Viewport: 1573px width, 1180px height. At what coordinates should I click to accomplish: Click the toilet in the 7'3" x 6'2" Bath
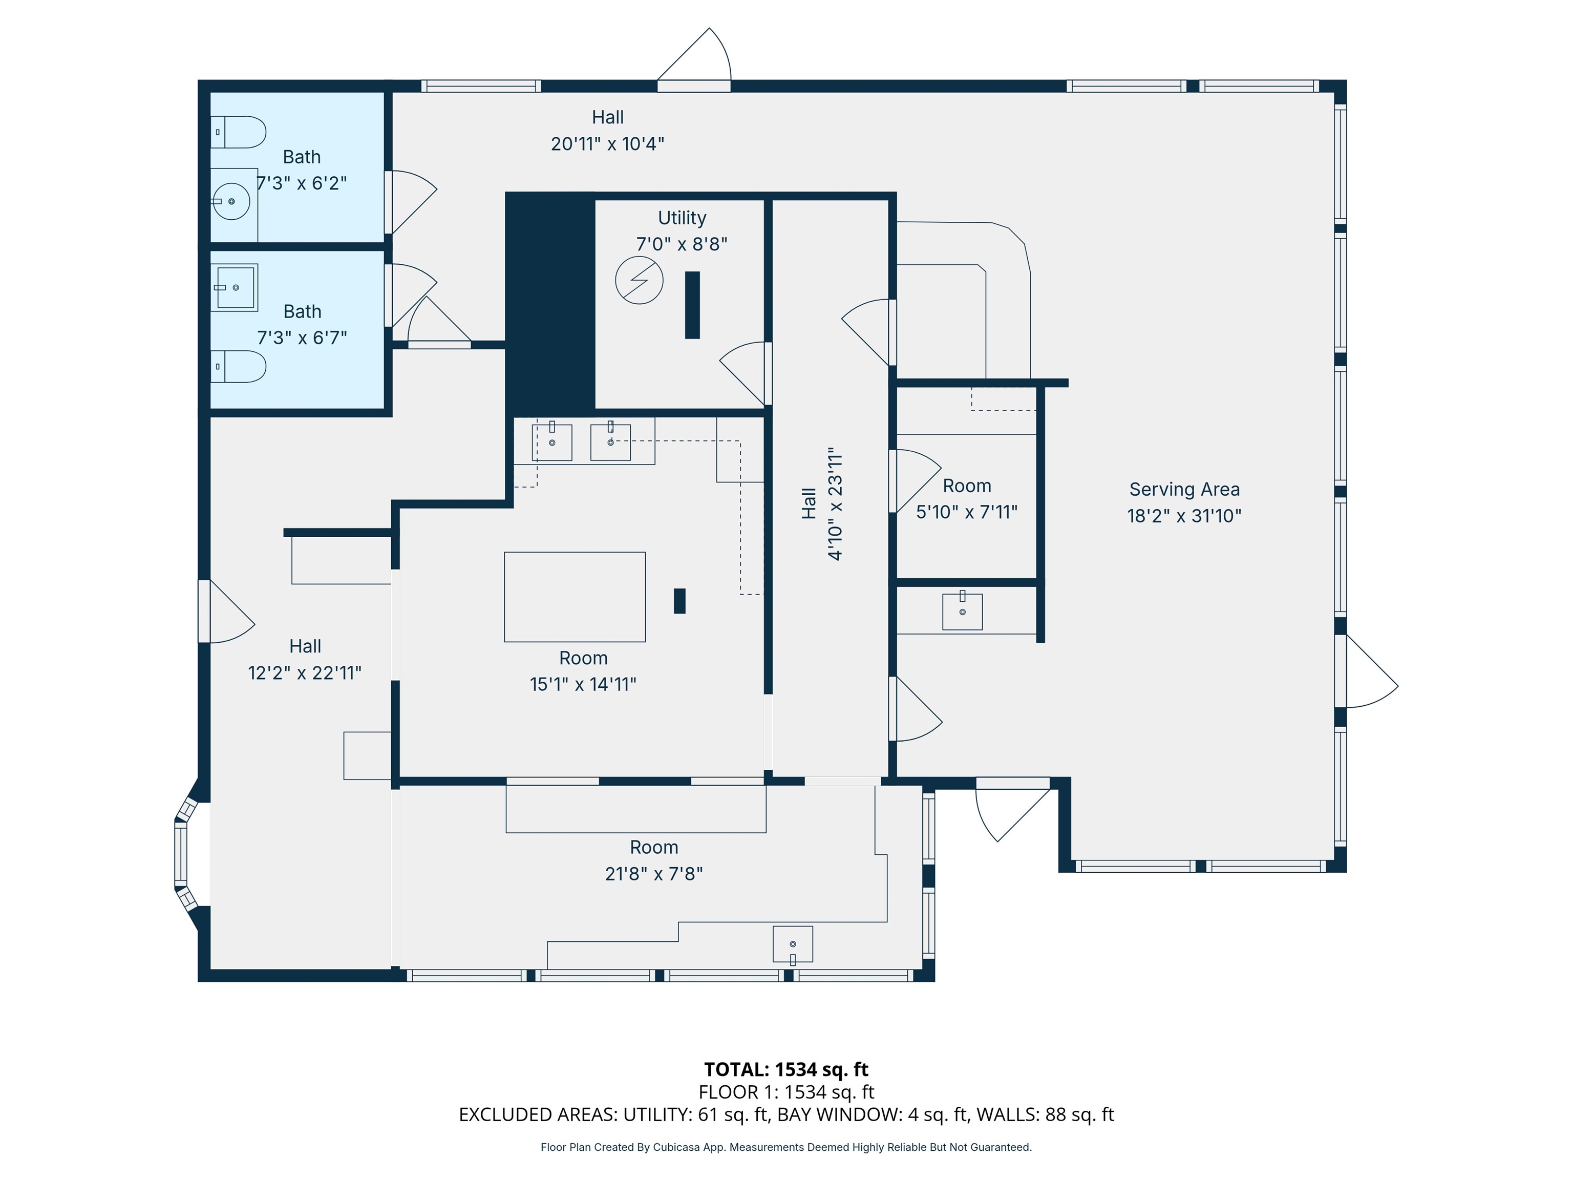click(239, 132)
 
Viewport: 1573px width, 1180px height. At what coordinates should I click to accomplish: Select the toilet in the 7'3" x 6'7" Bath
click(239, 366)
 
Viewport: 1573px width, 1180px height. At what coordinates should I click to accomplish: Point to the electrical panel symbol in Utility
click(639, 280)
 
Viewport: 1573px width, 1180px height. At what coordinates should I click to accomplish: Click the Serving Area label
click(1184, 489)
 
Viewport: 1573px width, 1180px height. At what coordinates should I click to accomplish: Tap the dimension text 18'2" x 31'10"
click(1184, 516)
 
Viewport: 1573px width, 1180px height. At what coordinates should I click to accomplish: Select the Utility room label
click(681, 218)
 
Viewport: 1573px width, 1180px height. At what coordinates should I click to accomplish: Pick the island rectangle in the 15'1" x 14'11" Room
click(575, 597)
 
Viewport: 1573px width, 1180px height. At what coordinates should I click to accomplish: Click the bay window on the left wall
click(183, 854)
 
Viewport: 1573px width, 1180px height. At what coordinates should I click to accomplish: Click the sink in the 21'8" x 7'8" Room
click(792, 944)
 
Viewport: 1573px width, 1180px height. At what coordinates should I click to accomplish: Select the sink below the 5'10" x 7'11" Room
click(962, 612)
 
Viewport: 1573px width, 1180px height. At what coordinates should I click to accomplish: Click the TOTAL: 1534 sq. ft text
click(786, 1069)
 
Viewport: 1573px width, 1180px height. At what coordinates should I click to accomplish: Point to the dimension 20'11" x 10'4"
click(607, 144)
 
